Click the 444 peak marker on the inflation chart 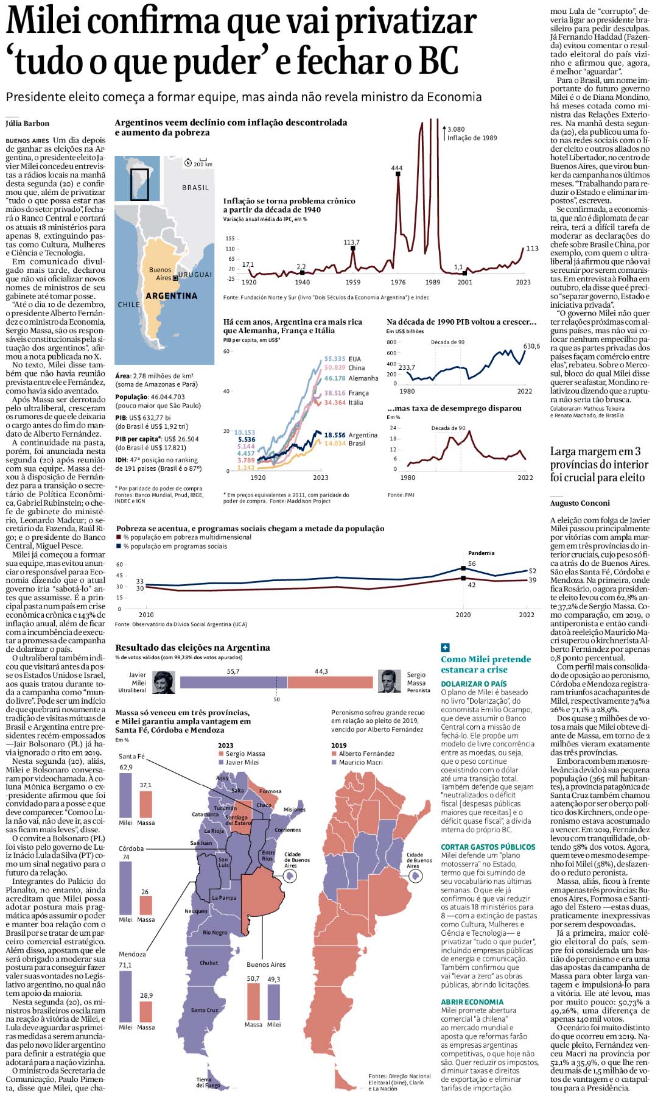pyautogui.click(x=398, y=174)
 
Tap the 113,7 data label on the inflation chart pyautogui.click(x=351, y=242)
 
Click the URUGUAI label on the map pyautogui.click(x=195, y=275)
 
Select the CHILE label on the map pyautogui.click(x=128, y=305)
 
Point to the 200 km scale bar pyautogui.click(x=203, y=162)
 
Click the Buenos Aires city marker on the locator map pyautogui.click(x=175, y=278)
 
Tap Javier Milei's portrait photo pyautogui.click(x=163, y=682)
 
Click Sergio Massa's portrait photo pyautogui.click(x=389, y=682)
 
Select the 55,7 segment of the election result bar pyautogui.click(x=234, y=682)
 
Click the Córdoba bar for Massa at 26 pyautogui.click(x=145, y=905)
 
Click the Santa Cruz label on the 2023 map pyautogui.click(x=204, y=1010)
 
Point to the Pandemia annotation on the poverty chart pyautogui.click(x=481, y=553)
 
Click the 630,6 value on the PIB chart pyautogui.click(x=531, y=346)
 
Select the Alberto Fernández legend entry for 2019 pyautogui.click(x=366, y=754)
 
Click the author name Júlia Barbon pyautogui.click(x=27, y=124)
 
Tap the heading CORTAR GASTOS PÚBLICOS pyautogui.click(x=488, y=847)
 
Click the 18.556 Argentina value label pyautogui.click(x=335, y=435)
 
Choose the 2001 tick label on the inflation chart pyautogui.click(x=464, y=282)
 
